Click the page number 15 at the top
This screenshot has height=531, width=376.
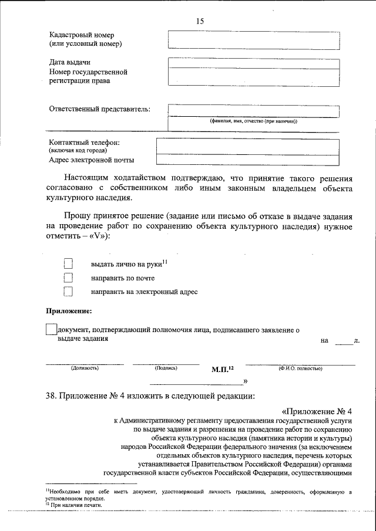coord(200,21)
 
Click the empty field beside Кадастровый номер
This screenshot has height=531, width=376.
coord(253,39)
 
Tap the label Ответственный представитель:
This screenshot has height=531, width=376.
coord(99,109)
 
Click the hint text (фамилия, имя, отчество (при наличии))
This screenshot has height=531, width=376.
coord(253,121)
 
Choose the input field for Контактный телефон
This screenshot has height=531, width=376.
coord(247,146)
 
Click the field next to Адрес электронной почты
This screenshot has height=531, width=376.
coord(247,159)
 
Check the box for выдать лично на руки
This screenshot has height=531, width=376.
coord(68,265)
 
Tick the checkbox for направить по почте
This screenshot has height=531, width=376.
coord(68,278)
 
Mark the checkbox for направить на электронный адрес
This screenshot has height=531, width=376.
coord(68,292)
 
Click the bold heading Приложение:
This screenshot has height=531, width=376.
coord(69,311)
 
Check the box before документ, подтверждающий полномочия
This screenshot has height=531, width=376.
coord(51,330)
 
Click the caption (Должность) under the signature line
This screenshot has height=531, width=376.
coord(85,368)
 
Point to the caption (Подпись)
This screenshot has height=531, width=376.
coord(166,368)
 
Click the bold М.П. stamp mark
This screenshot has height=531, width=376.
coord(222,369)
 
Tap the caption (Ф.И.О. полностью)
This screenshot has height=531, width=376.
coord(300,368)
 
